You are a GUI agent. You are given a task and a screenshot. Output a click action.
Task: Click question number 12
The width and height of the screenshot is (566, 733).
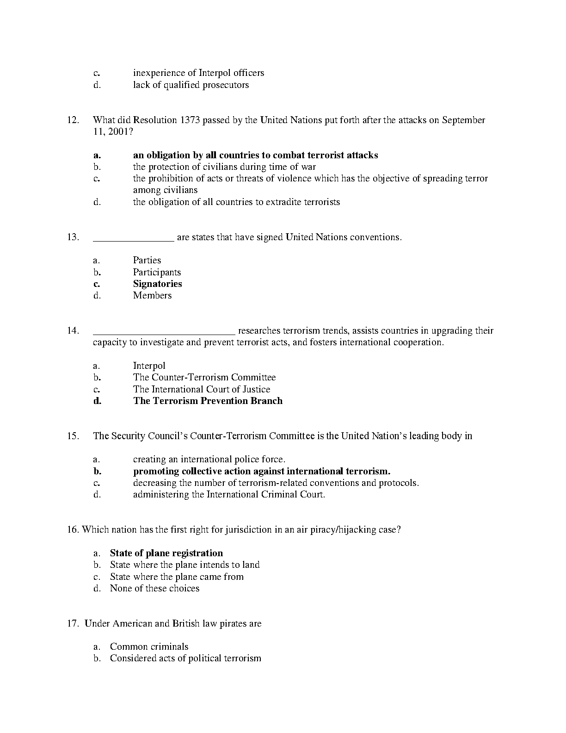click(73, 120)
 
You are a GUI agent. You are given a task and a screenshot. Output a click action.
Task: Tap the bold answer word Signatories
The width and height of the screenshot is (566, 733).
click(157, 284)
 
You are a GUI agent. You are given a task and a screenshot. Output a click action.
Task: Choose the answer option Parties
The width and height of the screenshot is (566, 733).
click(147, 261)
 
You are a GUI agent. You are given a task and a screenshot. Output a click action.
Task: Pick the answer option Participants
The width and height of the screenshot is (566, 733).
click(157, 273)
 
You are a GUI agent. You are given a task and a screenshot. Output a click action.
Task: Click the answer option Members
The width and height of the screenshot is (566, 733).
click(152, 296)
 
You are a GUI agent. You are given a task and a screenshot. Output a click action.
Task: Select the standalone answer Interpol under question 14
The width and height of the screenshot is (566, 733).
click(149, 366)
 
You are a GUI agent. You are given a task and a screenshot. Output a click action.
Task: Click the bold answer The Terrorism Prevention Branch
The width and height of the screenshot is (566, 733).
click(208, 401)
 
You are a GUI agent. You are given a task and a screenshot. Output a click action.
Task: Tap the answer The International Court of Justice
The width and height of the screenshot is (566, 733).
click(202, 390)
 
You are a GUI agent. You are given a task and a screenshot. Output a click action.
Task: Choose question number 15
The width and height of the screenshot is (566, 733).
click(73, 436)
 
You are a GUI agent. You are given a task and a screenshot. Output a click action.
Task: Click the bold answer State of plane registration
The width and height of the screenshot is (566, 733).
click(166, 553)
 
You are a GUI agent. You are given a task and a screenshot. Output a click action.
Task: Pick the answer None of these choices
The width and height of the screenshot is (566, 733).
click(154, 589)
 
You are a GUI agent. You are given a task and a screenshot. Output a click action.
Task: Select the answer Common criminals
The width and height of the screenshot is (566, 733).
click(149, 647)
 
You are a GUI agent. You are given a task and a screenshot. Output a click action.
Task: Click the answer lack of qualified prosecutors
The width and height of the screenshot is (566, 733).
click(191, 85)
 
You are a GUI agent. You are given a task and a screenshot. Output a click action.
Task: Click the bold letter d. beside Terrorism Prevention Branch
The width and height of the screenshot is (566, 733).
click(97, 401)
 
